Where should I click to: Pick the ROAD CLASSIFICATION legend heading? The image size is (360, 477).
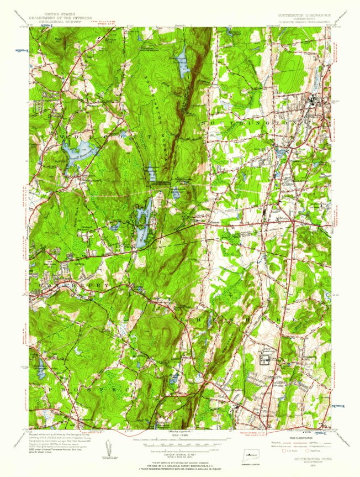[x=303, y=439]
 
